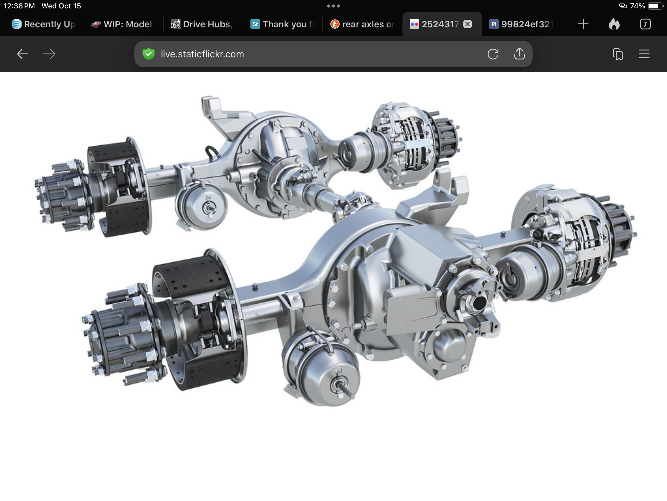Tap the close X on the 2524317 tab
pos(467,24)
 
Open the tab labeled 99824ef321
pos(522,24)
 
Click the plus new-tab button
pos(583,24)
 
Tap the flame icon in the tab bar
pos(614,24)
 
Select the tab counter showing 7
pos(645,24)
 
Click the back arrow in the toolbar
pos(22,54)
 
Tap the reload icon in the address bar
pos(493,54)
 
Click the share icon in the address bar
pos(519,54)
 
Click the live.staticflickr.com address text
pos(202,54)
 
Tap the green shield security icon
pos(149,54)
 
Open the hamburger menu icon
pos(644,54)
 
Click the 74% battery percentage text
pos(637,6)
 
